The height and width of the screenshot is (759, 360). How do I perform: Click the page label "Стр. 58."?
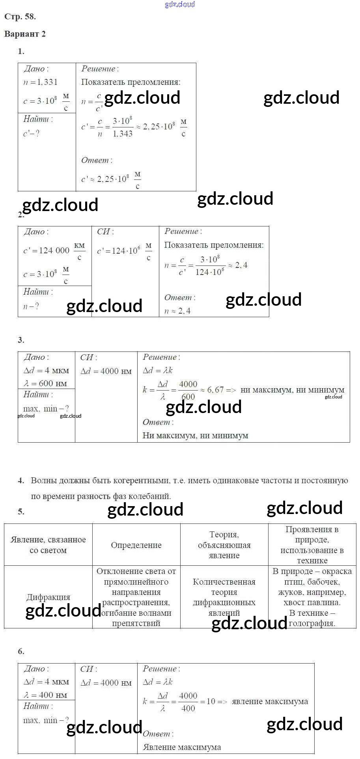pos(20,17)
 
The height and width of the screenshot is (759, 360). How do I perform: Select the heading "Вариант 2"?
pos(25,34)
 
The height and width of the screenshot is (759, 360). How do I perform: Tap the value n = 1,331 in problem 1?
pos(41,82)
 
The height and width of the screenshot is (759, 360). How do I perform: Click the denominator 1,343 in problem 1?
pos(123,134)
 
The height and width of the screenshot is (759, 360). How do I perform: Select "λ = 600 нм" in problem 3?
pos(45,383)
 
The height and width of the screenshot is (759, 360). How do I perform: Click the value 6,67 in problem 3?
pos(215,390)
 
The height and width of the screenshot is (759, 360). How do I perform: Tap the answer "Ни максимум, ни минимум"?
pos(195,436)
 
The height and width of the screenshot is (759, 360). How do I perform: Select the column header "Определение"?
pos(136,545)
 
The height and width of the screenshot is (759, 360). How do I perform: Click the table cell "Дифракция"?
pos(48,597)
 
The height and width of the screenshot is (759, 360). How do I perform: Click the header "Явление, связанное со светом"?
pos(48,545)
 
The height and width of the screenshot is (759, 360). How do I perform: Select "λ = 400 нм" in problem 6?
pos(45,695)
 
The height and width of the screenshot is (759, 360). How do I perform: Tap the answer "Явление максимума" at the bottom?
pos(182,747)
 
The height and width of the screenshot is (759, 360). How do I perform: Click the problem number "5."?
pos(21,512)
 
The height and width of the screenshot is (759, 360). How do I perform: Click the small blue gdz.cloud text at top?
pos(180,4)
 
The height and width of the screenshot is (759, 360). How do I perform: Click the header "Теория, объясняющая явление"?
pos(224,545)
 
